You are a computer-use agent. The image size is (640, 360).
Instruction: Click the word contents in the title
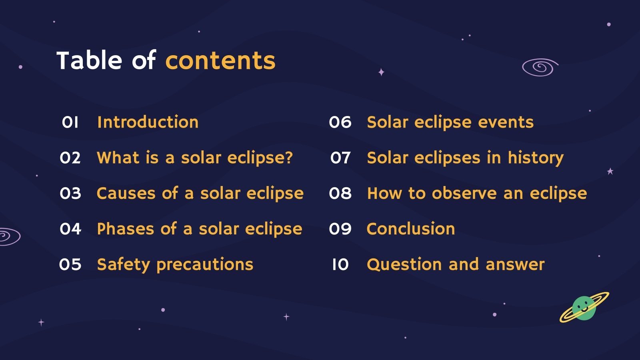click(220, 61)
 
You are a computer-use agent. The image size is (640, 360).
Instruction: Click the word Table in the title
click(89, 61)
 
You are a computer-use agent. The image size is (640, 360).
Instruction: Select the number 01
click(70, 122)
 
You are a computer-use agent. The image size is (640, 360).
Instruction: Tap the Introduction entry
click(148, 122)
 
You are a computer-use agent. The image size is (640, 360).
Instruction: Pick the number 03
click(70, 194)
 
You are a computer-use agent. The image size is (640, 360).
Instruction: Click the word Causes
click(126, 194)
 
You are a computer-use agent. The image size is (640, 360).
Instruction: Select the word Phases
click(125, 229)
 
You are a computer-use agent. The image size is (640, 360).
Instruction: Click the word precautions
click(205, 265)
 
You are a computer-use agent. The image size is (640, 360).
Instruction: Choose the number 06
click(340, 122)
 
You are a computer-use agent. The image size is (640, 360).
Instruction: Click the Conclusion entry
click(411, 229)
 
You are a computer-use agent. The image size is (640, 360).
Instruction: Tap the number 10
click(340, 265)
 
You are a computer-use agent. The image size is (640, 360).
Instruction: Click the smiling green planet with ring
click(584, 308)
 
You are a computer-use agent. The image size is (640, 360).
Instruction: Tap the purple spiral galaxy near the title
click(540, 67)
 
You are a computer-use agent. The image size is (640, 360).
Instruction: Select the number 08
click(340, 194)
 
